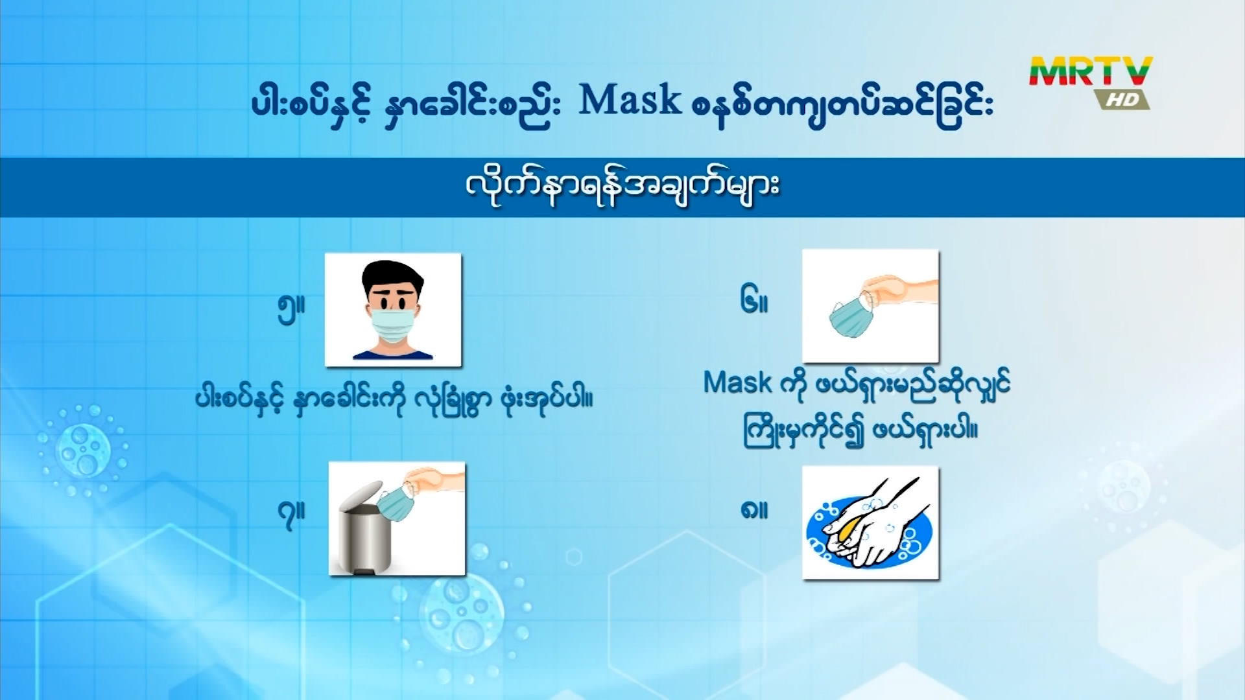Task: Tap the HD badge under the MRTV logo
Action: tap(1122, 99)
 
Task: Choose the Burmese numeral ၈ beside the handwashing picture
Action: tap(754, 509)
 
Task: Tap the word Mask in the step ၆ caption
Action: tap(738, 383)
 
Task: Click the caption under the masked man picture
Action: tap(394, 399)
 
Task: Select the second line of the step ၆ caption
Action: tap(860, 430)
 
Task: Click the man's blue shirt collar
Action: tap(393, 354)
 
